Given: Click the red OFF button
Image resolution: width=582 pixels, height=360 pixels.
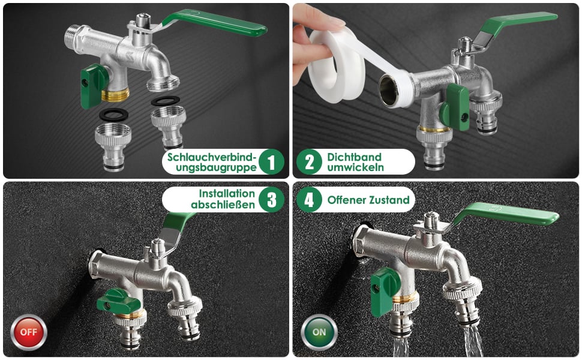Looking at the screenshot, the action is (x=29, y=332).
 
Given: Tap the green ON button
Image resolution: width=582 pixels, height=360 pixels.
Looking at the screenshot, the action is (x=319, y=332).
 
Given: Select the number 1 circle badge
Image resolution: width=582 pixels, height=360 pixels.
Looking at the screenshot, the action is (x=271, y=162).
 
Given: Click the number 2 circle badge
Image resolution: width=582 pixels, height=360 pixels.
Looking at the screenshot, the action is (x=309, y=162).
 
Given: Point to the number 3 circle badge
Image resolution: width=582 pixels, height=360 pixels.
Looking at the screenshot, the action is (x=271, y=199).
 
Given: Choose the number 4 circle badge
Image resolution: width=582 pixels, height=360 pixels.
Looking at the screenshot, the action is (x=309, y=199).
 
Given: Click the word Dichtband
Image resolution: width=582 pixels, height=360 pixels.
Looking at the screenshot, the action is (x=354, y=157).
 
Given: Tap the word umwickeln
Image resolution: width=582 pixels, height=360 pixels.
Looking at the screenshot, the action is (x=355, y=167).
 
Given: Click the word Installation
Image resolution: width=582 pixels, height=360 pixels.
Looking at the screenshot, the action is (x=227, y=194).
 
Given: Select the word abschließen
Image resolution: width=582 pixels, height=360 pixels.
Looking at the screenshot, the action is (x=223, y=205).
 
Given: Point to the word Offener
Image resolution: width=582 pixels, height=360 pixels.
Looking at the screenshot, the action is (x=348, y=200).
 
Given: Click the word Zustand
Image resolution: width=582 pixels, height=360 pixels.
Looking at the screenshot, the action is (x=390, y=200).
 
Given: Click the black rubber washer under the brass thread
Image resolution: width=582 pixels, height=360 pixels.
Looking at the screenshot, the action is (x=113, y=115).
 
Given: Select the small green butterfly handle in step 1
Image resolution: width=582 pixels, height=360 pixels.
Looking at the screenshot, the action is (x=93, y=85).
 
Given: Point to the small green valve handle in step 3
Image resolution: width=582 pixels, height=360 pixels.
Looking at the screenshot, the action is (x=119, y=300).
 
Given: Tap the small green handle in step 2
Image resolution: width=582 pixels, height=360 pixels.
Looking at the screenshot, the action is (x=455, y=107).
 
